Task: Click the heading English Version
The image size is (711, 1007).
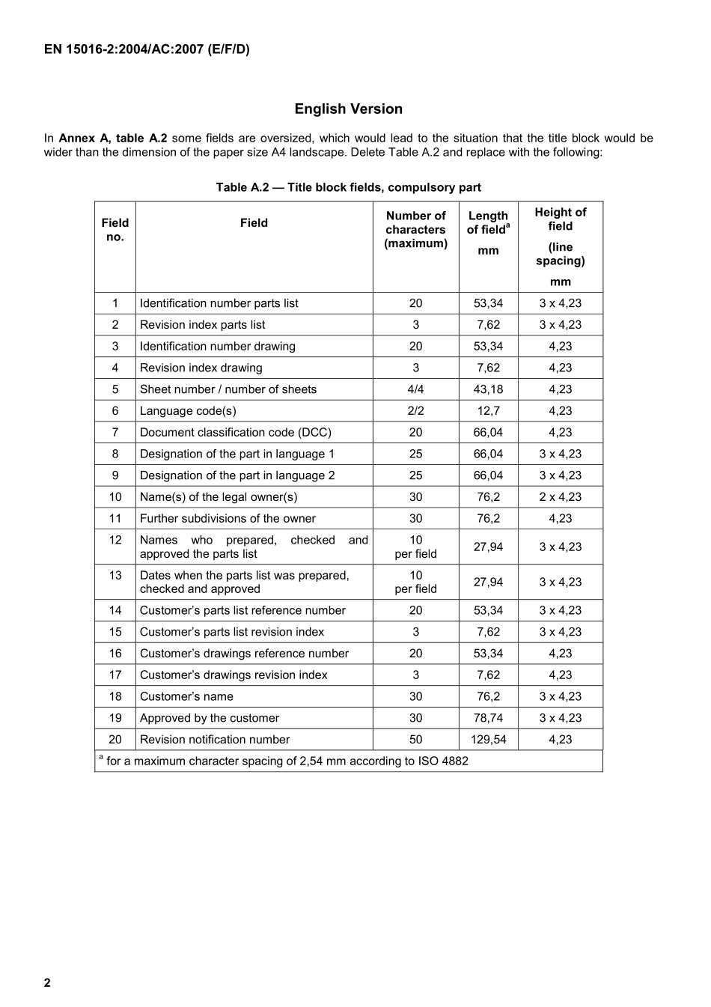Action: click(x=348, y=109)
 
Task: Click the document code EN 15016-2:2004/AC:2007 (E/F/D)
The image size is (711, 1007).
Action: click(x=147, y=50)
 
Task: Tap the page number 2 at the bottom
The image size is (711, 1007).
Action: click(x=47, y=983)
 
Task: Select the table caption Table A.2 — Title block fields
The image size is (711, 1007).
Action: click(x=348, y=187)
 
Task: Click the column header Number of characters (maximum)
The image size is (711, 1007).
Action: click(x=415, y=230)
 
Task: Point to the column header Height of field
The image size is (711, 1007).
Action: click(x=560, y=219)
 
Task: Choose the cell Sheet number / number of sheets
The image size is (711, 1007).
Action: click(x=228, y=389)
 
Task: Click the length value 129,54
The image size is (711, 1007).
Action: click(x=488, y=740)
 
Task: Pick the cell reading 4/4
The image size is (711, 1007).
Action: click(x=415, y=389)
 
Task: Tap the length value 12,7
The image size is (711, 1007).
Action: click(x=488, y=411)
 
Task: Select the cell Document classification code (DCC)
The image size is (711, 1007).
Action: click(x=236, y=433)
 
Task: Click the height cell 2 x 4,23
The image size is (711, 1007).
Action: click(x=560, y=497)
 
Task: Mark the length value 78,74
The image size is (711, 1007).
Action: click(x=488, y=718)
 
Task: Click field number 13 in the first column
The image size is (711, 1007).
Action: click(x=115, y=575)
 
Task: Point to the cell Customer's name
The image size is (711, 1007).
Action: click(x=186, y=696)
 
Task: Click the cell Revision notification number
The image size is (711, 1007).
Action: click(x=215, y=740)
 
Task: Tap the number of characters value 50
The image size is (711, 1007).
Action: click(x=415, y=740)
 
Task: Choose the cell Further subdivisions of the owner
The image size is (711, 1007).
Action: click(x=228, y=519)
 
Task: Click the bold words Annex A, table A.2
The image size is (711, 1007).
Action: click(x=113, y=139)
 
